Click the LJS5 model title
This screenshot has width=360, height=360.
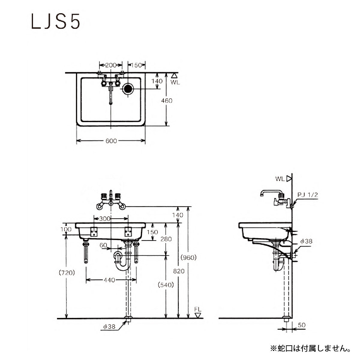tap(56, 21)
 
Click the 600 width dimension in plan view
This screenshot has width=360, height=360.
tap(111, 141)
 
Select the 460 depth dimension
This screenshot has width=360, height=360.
tap(166, 101)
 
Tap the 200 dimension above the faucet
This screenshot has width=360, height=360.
tap(111, 65)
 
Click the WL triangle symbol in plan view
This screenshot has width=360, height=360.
tap(174, 76)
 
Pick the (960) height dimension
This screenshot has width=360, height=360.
tap(188, 258)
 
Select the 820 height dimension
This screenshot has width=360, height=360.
tap(179, 271)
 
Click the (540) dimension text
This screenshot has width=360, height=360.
tap(166, 285)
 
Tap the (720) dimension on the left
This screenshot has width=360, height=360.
tap(67, 273)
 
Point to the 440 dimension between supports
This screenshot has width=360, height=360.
tap(109, 280)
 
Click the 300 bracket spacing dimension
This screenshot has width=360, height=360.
tap(105, 219)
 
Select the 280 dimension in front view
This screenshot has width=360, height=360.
tap(166, 239)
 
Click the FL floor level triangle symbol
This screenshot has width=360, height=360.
tap(198, 315)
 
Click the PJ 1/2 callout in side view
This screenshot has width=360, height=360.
tap(307, 195)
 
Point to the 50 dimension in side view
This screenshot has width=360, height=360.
tap(302, 325)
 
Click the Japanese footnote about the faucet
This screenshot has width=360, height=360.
tap(310, 348)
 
